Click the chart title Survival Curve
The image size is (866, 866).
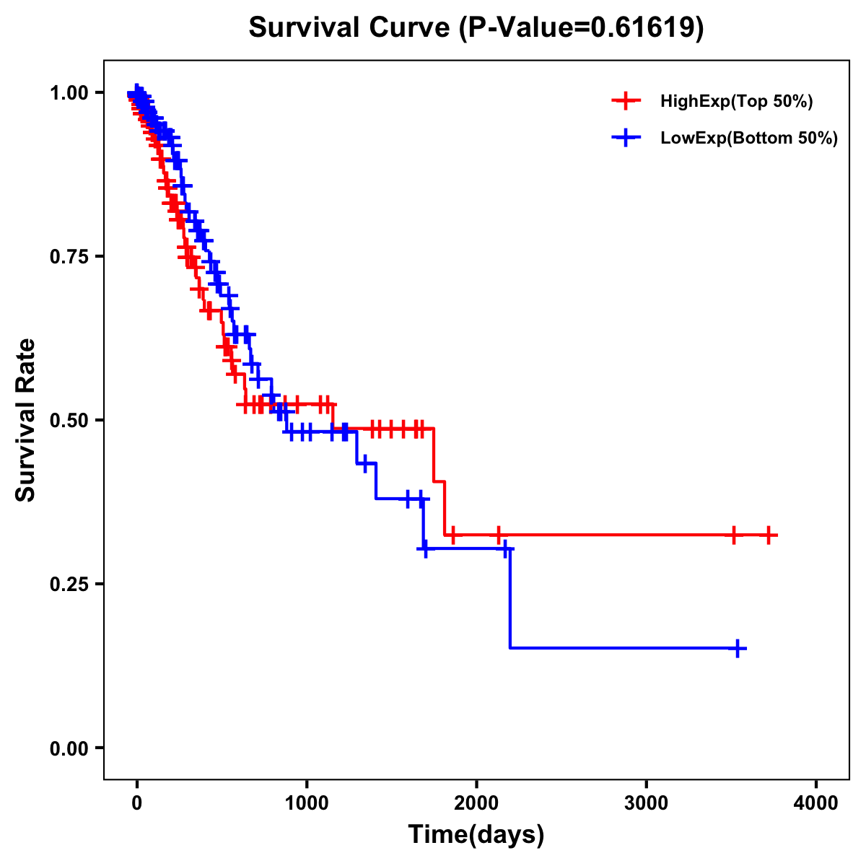coord(476,28)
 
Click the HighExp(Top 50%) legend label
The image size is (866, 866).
coord(736,102)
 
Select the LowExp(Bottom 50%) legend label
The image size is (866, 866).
coord(749,139)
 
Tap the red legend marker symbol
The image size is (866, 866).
coord(626,101)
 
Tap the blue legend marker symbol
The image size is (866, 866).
coord(626,138)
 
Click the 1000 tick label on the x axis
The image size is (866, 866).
coord(307,803)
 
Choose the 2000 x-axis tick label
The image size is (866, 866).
coord(476,803)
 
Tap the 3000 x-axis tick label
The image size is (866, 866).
coord(646,803)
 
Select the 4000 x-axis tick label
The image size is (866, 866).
coord(816,803)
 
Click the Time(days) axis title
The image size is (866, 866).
coord(476,835)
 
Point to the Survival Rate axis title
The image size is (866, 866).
coord(26,420)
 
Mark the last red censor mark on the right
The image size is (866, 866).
coord(769,535)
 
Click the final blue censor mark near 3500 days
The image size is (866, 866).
coord(738,648)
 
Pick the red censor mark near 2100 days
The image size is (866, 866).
coord(499,535)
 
